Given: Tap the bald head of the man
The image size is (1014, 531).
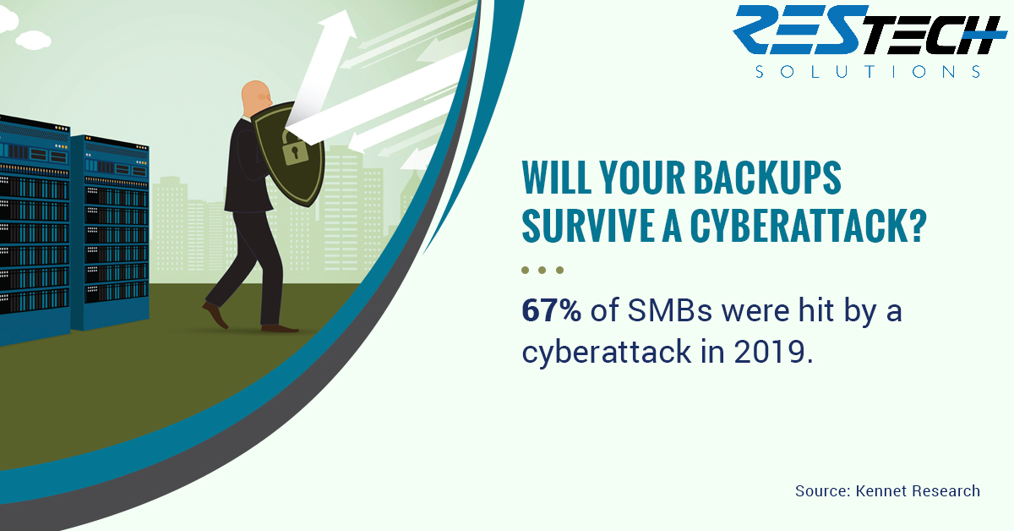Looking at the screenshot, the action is click(256, 97).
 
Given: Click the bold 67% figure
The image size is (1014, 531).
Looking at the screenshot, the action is click(551, 310).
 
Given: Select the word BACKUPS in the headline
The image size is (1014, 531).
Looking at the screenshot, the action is click(767, 178).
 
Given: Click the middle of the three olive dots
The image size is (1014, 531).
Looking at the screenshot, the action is click(542, 270).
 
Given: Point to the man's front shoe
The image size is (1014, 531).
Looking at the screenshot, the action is click(280, 328).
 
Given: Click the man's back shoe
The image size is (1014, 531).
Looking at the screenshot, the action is click(215, 314).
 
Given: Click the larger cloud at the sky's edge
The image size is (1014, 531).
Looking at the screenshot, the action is click(33, 40).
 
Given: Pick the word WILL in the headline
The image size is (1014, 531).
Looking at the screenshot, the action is click(556, 178).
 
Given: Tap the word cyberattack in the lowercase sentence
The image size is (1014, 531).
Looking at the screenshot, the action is click(607, 353).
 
